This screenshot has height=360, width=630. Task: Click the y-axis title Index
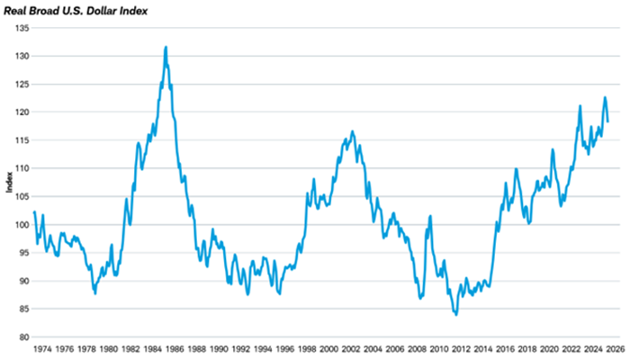[8, 183]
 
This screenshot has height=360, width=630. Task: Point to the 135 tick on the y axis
[21, 28]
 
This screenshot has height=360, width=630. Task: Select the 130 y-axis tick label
[21, 56]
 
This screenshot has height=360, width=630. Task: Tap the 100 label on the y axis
[21, 225]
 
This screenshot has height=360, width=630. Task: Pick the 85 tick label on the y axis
[22, 310]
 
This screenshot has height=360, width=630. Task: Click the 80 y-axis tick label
[22, 337]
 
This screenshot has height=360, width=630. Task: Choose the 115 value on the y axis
[21, 140]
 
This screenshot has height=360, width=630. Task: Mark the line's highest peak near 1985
[166, 47]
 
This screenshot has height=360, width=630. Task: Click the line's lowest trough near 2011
[456, 314]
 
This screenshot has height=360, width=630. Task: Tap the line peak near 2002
[352, 130]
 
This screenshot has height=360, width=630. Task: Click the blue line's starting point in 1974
[34, 212]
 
